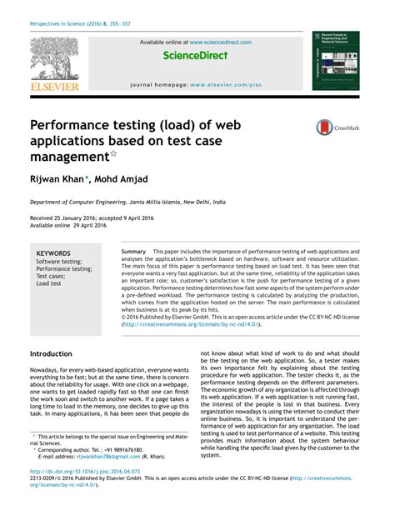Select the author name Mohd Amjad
(119, 178)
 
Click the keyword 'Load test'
(48, 283)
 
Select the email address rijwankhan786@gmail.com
(108, 457)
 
